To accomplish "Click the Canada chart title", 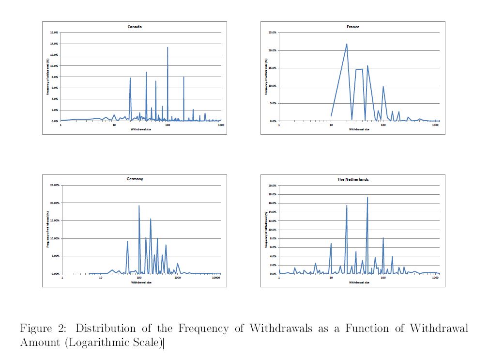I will click(x=134, y=27).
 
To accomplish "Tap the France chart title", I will click(x=353, y=27).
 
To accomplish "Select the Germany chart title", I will click(x=135, y=179).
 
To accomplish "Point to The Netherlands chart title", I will click(x=353, y=179).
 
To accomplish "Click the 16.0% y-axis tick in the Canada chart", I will click(x=54, y=32).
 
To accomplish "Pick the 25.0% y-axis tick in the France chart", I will click(x=272, y=32).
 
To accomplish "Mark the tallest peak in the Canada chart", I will click(x=168, y=47).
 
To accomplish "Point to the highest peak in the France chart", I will click(x=347, y=44).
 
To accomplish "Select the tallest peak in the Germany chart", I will click(x=139, y=205).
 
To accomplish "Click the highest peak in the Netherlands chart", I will click(x=367, y=197).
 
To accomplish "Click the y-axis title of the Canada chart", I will click(x=48, y=77).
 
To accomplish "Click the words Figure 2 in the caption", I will click(x=43, y=329).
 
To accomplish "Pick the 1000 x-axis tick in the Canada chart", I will click(x=221, y=125).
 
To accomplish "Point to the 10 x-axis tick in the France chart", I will click(x=331, y=125).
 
